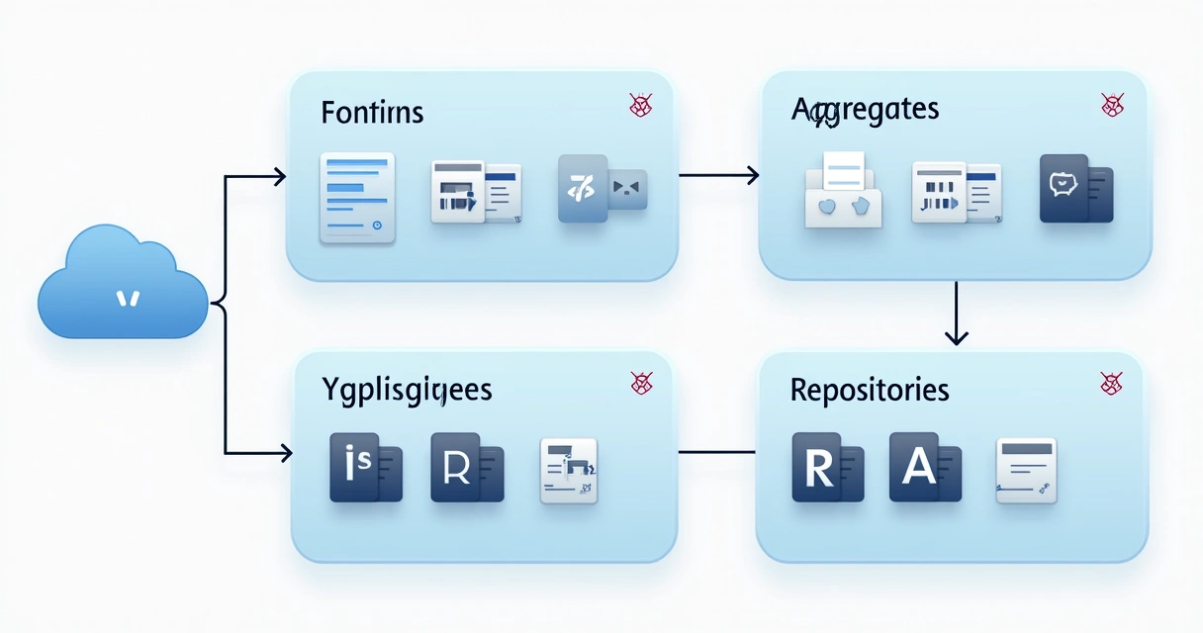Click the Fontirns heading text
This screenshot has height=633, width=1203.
tap(372, 113)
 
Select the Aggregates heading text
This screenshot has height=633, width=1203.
tap(865, 110)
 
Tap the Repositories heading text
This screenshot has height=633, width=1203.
tap(870, 390)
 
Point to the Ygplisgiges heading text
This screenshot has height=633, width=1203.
tap(407, 389)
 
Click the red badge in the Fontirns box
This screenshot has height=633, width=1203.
tap(640, 105)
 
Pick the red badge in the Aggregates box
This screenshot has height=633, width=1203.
tap(1112, 105)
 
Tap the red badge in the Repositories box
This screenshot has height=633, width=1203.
tap(1111, 384)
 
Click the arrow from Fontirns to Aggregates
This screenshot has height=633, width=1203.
tap(718, 176)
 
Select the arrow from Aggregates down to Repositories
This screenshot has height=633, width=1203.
tap(956, 313)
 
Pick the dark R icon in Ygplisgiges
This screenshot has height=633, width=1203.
tap(467, 468)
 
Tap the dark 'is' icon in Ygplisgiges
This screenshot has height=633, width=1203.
tap(366, 468)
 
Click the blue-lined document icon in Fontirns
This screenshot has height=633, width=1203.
tap(356, 198)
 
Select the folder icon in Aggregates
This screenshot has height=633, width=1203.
tap(843, 190)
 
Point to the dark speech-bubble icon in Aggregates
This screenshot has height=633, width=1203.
tap(1075, 188)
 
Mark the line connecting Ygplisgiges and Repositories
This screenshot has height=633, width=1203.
tap(718, 452)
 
